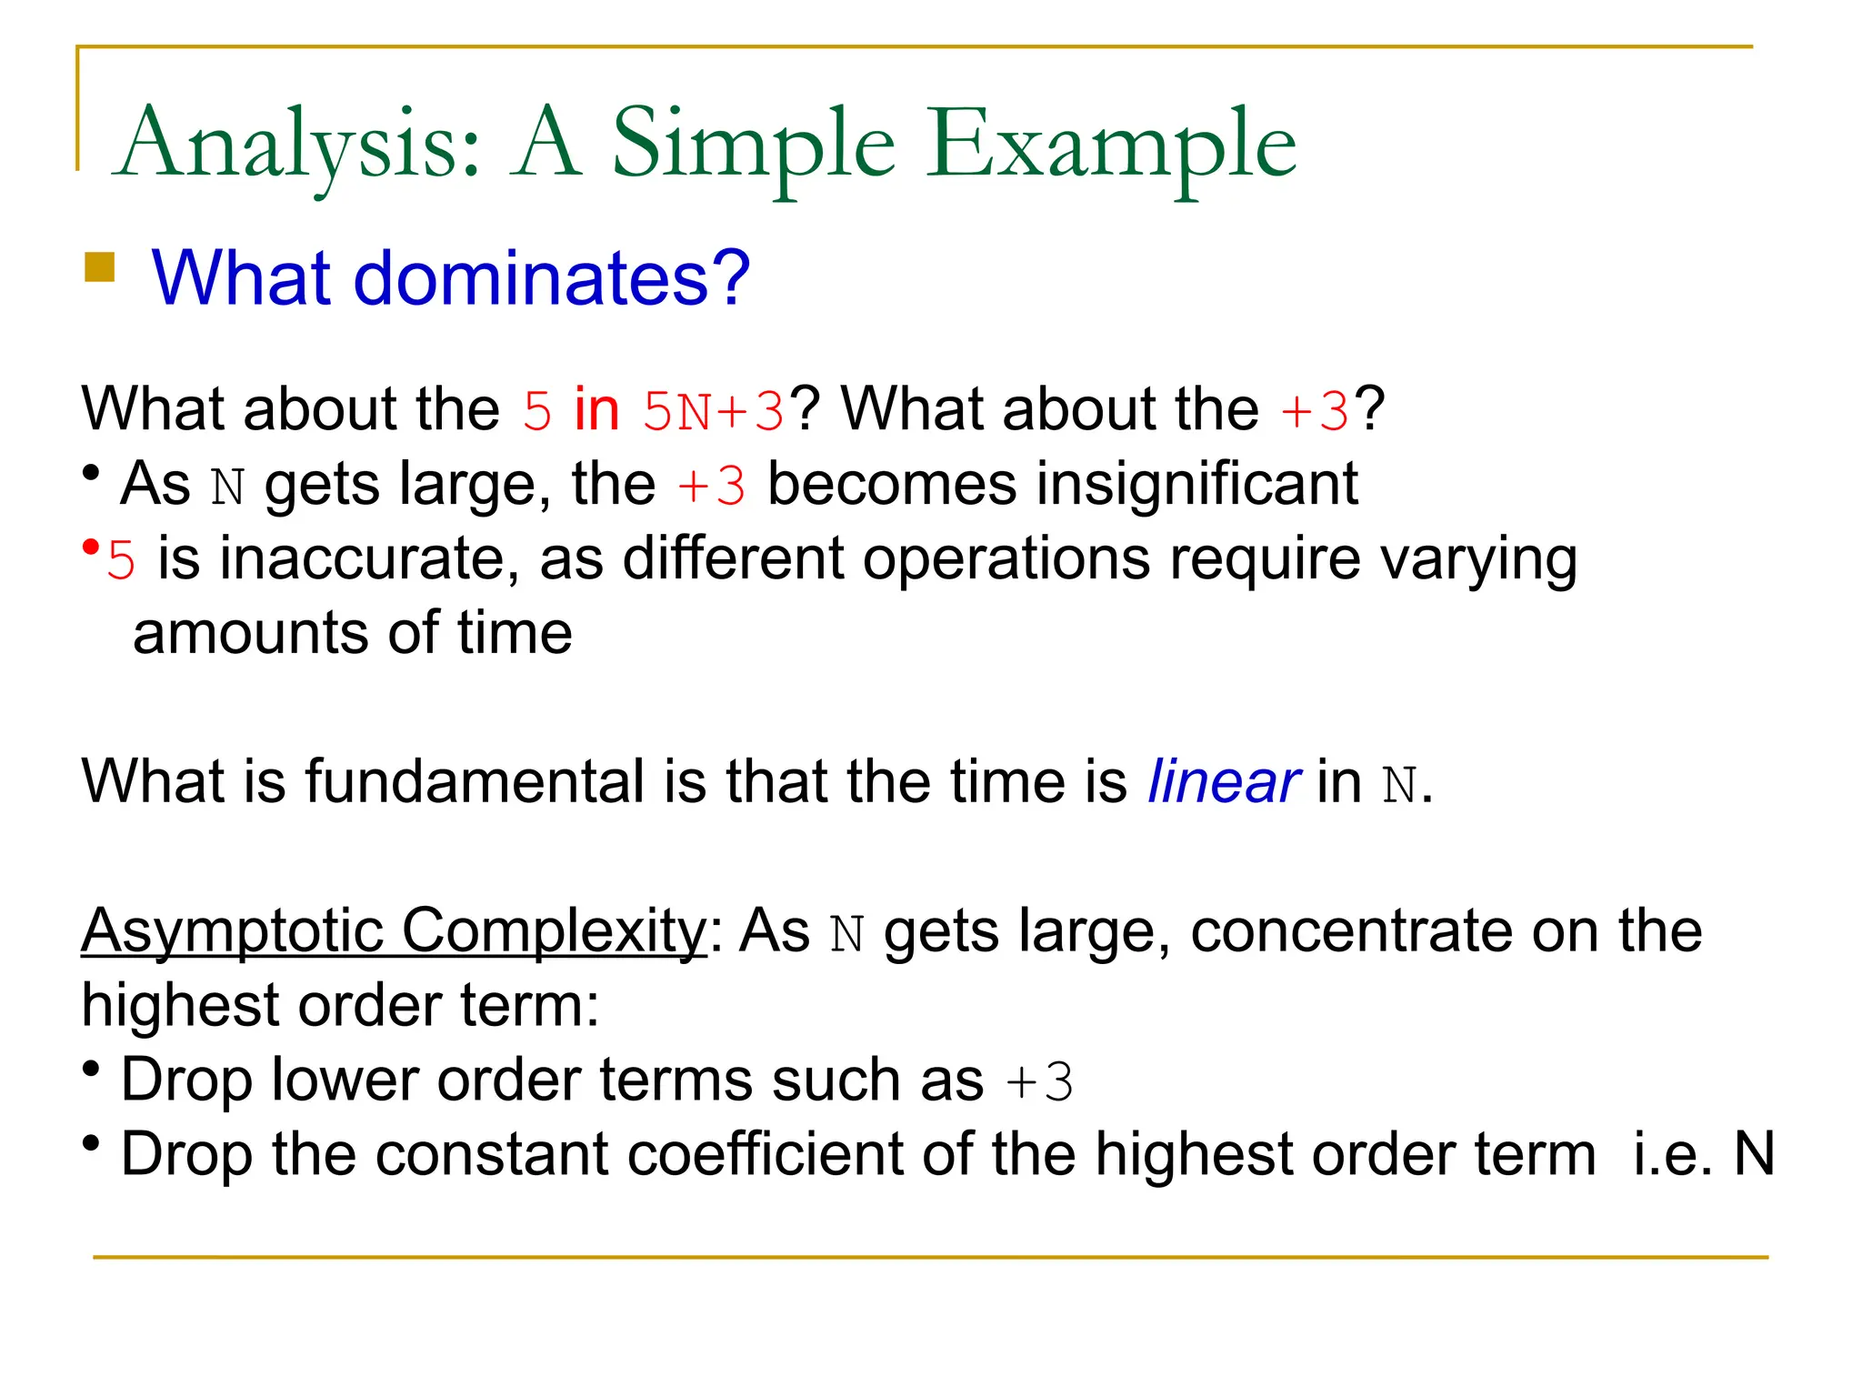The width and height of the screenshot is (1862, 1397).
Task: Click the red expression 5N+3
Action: pos(713,410)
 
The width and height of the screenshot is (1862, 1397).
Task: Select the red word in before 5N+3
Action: pos(596,409)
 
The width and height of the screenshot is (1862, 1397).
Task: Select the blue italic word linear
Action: pos(1224,781)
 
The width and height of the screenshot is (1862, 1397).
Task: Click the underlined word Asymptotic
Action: pos(233,930)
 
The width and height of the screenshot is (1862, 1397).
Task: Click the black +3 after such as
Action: pos(1039,1081)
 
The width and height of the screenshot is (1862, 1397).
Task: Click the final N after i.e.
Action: pos(1754,1154)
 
